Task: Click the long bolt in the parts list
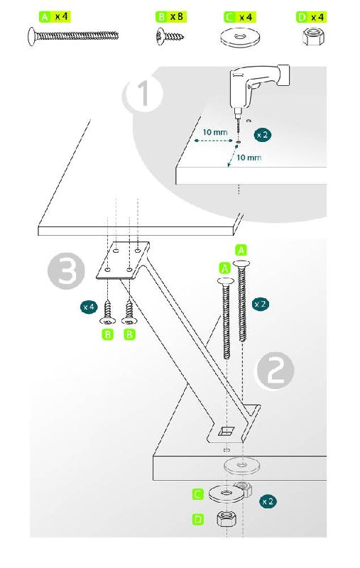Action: pos(73,36)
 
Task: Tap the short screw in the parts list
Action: pos(170,37)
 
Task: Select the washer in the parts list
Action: pos(239,38)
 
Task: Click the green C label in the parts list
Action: pos(229,17)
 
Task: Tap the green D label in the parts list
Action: pos(302,17)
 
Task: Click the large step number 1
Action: pos(143,94)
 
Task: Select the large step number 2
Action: pos(276,371)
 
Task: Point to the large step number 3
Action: pos(66,271)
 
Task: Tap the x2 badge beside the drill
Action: pos(262,135)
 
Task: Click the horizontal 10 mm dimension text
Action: pos(215,132)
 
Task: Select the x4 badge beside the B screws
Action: pos(89,307)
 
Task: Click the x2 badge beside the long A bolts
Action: pos(260,304)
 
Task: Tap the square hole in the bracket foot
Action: pos(226,430)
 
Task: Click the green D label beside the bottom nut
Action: pos(197,520)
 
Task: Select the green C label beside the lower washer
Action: pos(197,494)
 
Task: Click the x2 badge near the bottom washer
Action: pos(268,501)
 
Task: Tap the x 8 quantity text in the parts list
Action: pos(176,16)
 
